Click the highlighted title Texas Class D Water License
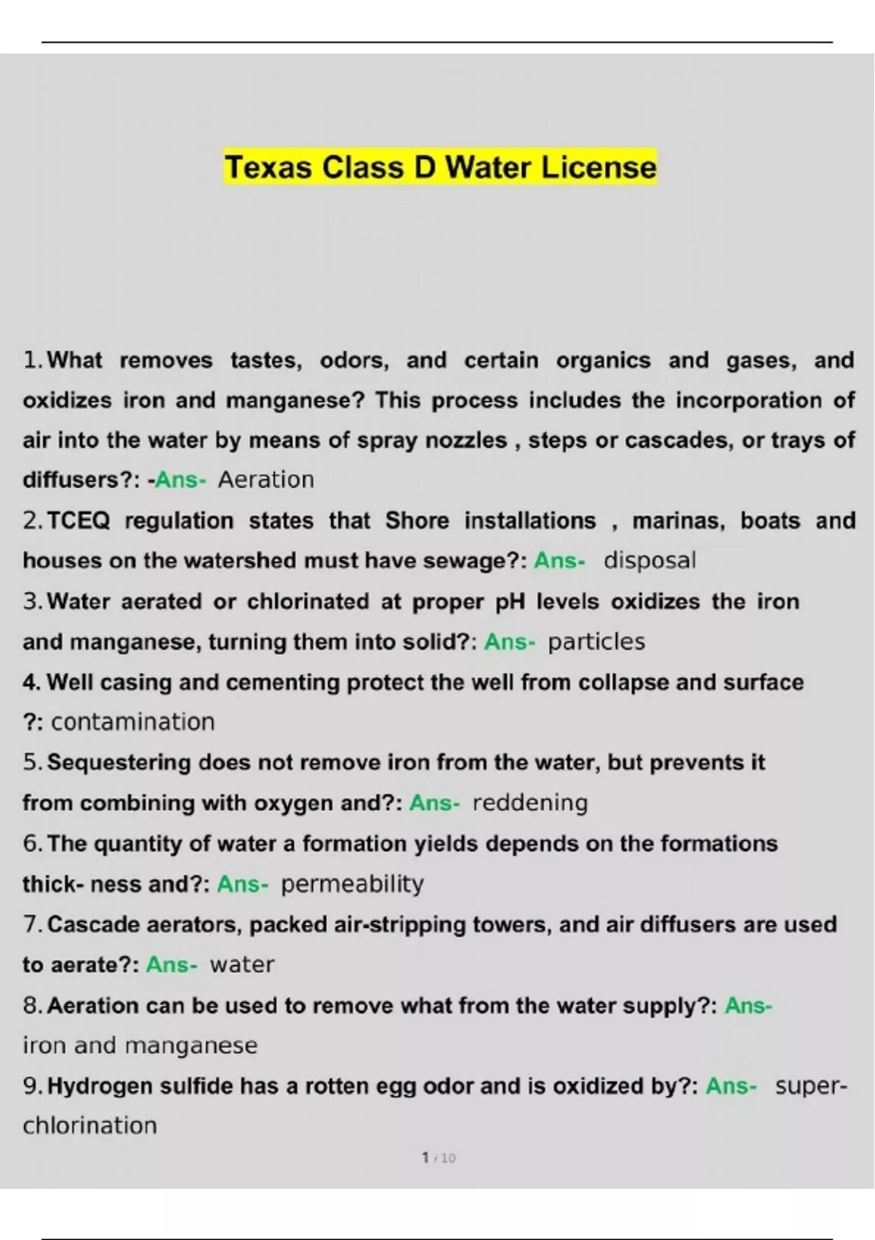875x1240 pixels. click(440, 167)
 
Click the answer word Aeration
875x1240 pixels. click(266, 480)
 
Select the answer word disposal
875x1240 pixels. click(650, 560)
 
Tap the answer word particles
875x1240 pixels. click(596, 642)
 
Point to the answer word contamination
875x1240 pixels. click(133, 722)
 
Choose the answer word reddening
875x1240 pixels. click(530, 803)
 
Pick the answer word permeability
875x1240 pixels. click(352, 884)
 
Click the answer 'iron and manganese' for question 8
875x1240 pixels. click(140, 1045)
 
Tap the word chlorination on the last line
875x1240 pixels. click(90, 1125)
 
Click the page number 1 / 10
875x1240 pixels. click(438, 1158)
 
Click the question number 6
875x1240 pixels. click(32, 844)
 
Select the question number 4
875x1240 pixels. click(31, 683)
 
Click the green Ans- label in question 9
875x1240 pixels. click(731, 1086)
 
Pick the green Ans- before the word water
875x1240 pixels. click(171, 965)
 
